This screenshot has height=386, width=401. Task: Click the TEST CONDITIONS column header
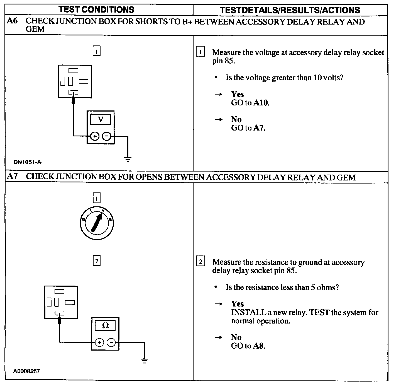pos(96,10)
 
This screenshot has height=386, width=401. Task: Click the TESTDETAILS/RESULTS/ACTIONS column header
pos(290,10)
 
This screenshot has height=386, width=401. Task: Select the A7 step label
pos(12,177)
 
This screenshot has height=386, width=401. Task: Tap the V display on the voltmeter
pos(101,119)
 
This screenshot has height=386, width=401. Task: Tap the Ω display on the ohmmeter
pos(105,325)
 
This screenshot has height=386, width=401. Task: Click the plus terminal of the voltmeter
pos(95,136)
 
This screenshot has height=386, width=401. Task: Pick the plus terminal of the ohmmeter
pos(99,342)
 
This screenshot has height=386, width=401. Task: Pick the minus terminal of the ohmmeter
pos(111,342)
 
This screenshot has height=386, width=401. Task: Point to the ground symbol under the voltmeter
pos(128,160)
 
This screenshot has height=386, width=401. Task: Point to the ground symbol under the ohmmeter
pos(144,361)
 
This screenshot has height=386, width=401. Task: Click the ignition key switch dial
pos(97,224)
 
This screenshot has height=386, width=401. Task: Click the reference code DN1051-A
pos(27,162)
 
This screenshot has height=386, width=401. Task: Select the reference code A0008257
pos(26,371)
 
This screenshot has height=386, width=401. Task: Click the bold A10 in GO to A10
pos(261,103)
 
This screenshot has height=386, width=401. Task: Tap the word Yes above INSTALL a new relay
pos(238,304)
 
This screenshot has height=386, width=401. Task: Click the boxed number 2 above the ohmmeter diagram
pos(96,261)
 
